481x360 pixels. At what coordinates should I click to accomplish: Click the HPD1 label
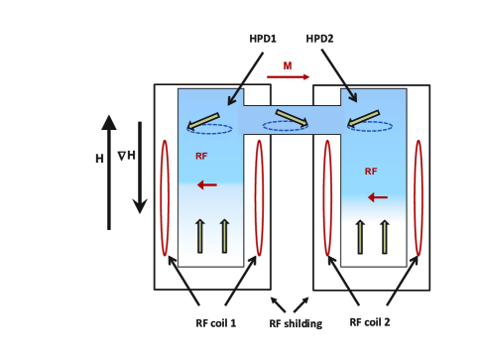tap(263, 39)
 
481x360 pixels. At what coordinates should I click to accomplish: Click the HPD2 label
tap(319, 39)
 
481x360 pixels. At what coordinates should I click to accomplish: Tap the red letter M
tap(288, 65)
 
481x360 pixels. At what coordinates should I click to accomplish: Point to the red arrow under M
tap(289, 77)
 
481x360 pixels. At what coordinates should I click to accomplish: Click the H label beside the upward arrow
tap(99, 159)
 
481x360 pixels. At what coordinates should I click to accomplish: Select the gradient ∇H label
tap(127, 156)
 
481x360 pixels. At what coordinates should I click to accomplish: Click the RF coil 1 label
tap(216, 323)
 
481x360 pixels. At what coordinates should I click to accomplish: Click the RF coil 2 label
tap(370, 322)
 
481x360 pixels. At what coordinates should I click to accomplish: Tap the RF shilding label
tap(296, 323)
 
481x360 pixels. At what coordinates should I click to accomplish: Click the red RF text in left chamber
tap(201, 156)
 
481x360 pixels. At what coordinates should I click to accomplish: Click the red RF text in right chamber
tap(371, 172)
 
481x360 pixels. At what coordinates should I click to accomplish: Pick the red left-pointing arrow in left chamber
tap(207, 184)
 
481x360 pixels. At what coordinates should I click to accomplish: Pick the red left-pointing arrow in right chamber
tap(378, 197)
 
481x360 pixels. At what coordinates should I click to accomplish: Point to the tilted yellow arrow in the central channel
tap(292, 118)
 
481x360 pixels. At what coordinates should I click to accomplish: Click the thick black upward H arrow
tap(109, 172)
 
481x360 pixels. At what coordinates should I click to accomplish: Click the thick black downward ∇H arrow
tap(140, 168)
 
